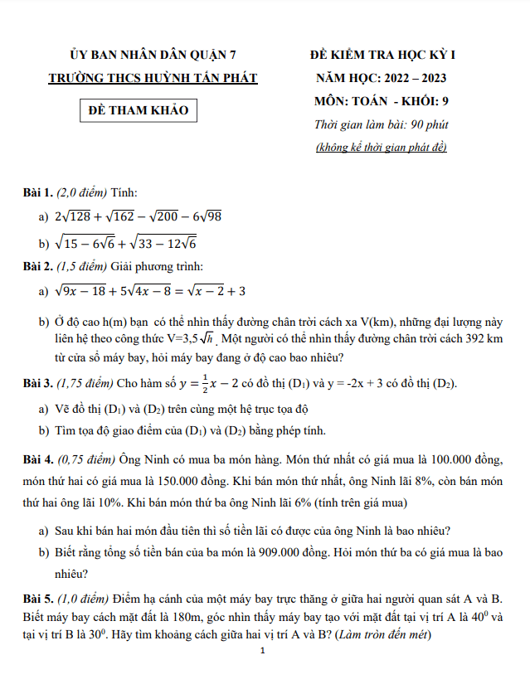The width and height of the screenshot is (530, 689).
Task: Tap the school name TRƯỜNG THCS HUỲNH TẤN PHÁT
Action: [153, 79]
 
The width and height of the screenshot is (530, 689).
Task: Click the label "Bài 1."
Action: [38, 192]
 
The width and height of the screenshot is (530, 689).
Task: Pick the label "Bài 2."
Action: [38, 267]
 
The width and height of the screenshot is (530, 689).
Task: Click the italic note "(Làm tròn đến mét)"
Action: [382, 636]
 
